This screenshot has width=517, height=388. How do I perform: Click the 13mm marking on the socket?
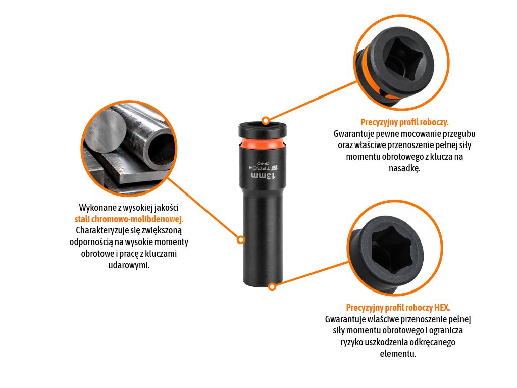click(x=263, y=176)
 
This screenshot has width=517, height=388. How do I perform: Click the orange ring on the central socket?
click(x=261, y=144)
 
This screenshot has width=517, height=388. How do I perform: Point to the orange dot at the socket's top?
click(x=266, y=121)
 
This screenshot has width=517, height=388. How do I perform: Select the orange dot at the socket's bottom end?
click(x=272, y=287)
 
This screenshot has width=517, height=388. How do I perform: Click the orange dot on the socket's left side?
click(x=241, y=239)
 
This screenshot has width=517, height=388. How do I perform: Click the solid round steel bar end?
click(x=106, y=131)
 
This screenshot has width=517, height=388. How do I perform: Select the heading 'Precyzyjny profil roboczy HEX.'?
click(x=398, y=308)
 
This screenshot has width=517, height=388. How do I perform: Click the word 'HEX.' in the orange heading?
click(x=442, y=308)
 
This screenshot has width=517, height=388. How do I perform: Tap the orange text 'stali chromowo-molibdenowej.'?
click(x=129, y=219)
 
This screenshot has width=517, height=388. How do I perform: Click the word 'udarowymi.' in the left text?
click(x=129, y=265)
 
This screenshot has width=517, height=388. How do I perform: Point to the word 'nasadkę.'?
click(x=404, y=168)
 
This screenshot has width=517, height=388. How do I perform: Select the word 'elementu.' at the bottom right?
click(x=398, y=353)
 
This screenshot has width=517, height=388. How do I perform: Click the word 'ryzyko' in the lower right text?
click(x=352, y=342)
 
